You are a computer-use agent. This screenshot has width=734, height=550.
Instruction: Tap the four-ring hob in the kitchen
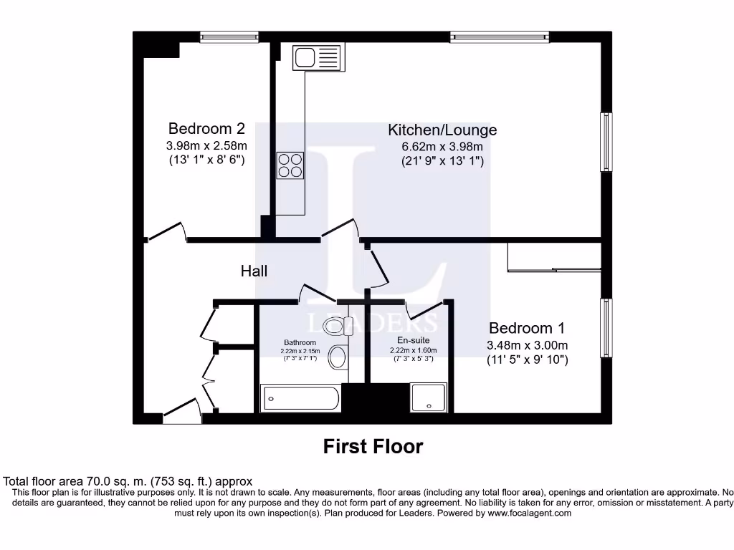point(290,165)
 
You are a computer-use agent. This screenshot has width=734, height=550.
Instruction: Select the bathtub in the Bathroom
point(300,397)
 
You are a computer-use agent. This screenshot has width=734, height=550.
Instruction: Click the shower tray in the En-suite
point(429,397)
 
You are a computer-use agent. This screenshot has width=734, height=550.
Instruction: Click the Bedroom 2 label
point(206,129)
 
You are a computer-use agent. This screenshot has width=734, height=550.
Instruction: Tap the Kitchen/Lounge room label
point(442,130)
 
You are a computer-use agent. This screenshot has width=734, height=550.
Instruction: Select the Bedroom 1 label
point(526,328)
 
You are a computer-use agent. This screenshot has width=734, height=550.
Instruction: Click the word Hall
point(254,271)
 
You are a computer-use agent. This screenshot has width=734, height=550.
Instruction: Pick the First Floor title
point(373,447)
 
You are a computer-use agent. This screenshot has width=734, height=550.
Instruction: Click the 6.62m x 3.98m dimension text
point(442,147)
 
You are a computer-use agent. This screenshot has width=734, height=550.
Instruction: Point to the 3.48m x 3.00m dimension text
point(527,345)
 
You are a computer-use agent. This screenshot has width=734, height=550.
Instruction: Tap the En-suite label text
point(412,340)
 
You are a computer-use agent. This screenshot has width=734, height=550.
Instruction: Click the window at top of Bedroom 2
point(229,36)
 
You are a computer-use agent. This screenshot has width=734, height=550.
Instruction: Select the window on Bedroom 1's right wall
point(606,327)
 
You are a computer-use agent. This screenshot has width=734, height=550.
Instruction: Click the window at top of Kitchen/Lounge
point(495,36)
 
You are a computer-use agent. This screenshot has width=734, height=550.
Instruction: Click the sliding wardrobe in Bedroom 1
point(553,257)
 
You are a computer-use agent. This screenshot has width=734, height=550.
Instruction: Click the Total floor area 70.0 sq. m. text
point(128,482)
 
